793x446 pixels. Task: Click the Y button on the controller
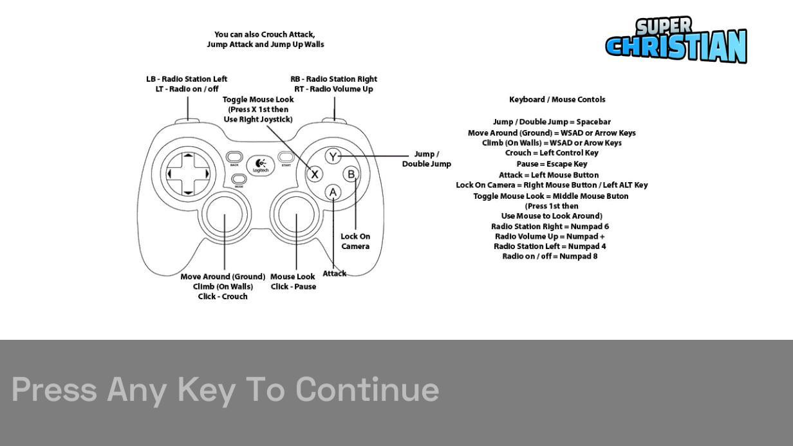[333, 156]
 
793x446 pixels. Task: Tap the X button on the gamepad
[314, 174]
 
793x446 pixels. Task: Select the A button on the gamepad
[333, 192]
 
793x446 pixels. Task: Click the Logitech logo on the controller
[261, 165]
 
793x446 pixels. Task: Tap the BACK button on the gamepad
[234, 157]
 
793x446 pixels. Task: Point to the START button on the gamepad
[286, 157]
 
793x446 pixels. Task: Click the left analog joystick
[224, 214]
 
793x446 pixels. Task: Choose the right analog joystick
[296, 214]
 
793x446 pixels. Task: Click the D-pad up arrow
[189, 155]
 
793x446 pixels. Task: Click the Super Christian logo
[676, 40]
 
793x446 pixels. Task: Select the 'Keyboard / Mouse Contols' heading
[557, 100]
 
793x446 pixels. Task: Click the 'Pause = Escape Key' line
[552, 164]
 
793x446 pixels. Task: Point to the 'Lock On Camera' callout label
[355, 241]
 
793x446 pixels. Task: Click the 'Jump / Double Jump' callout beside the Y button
[426, 159]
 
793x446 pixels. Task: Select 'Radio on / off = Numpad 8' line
[550, 256]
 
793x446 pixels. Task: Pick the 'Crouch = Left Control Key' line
[552, 153]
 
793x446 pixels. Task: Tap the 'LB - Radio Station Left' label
[187, 79]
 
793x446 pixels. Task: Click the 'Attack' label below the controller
[334, 274]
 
